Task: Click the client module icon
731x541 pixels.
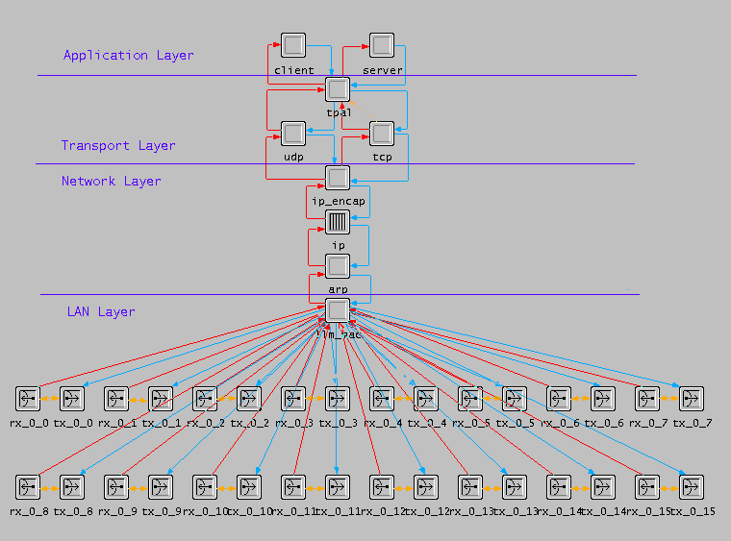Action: (x=293, y=45)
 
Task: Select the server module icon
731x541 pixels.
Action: (x=382, y=45)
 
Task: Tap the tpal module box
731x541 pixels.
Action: (x=338, y=89)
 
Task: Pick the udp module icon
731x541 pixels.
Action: (x=293, y=134)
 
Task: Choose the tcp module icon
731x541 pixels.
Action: (x=382, y=134)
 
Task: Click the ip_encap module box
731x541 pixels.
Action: (x=338, y=178)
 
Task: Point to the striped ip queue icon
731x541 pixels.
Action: (x=338, y=223)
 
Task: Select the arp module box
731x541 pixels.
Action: (x=338, y=266)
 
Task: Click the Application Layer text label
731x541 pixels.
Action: (x=128, y=56)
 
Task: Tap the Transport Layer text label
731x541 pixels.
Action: (x=118, y=146)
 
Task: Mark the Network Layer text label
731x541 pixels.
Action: (x=112, y=182)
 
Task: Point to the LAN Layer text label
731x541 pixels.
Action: (x=101, y=312)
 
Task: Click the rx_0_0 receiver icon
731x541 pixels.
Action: (x=28, y=398)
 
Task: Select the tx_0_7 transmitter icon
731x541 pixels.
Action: (x=692, y=398)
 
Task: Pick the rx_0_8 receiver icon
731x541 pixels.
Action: (x=28, y=486)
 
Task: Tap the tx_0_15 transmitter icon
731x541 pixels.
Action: (x=692, y=486)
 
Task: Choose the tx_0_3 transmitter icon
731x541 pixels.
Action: (x=338, y=398)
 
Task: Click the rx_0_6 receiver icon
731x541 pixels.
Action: (x=559, y=398)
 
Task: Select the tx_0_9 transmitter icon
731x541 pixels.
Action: (x=161, y=486)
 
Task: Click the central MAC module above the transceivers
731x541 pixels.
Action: (x=338, y=310)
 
